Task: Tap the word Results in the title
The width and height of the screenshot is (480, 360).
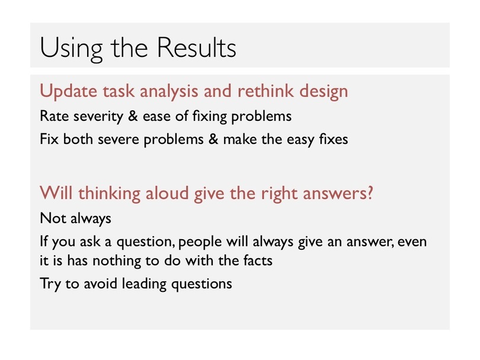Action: [197, 47]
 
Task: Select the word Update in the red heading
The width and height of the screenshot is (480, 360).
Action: [68, 91]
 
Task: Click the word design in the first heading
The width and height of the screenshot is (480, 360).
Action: [324, 92]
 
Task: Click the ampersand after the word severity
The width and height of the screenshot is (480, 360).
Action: [133, 116]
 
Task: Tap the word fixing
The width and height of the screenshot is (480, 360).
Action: [210, 117]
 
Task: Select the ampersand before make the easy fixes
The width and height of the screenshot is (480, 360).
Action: [213, 139]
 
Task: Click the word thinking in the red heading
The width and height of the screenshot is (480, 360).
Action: [109, 194]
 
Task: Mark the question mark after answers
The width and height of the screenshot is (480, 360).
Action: [370, 193]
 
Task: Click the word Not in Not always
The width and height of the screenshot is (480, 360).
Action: [53, 218]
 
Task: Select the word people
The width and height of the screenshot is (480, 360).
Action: [200, 242]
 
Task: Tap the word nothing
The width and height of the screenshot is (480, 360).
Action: [116, 261]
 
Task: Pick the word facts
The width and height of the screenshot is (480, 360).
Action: [258, 261]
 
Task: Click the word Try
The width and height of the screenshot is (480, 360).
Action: [50, 284]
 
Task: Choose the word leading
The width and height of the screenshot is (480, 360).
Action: [144, 284]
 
